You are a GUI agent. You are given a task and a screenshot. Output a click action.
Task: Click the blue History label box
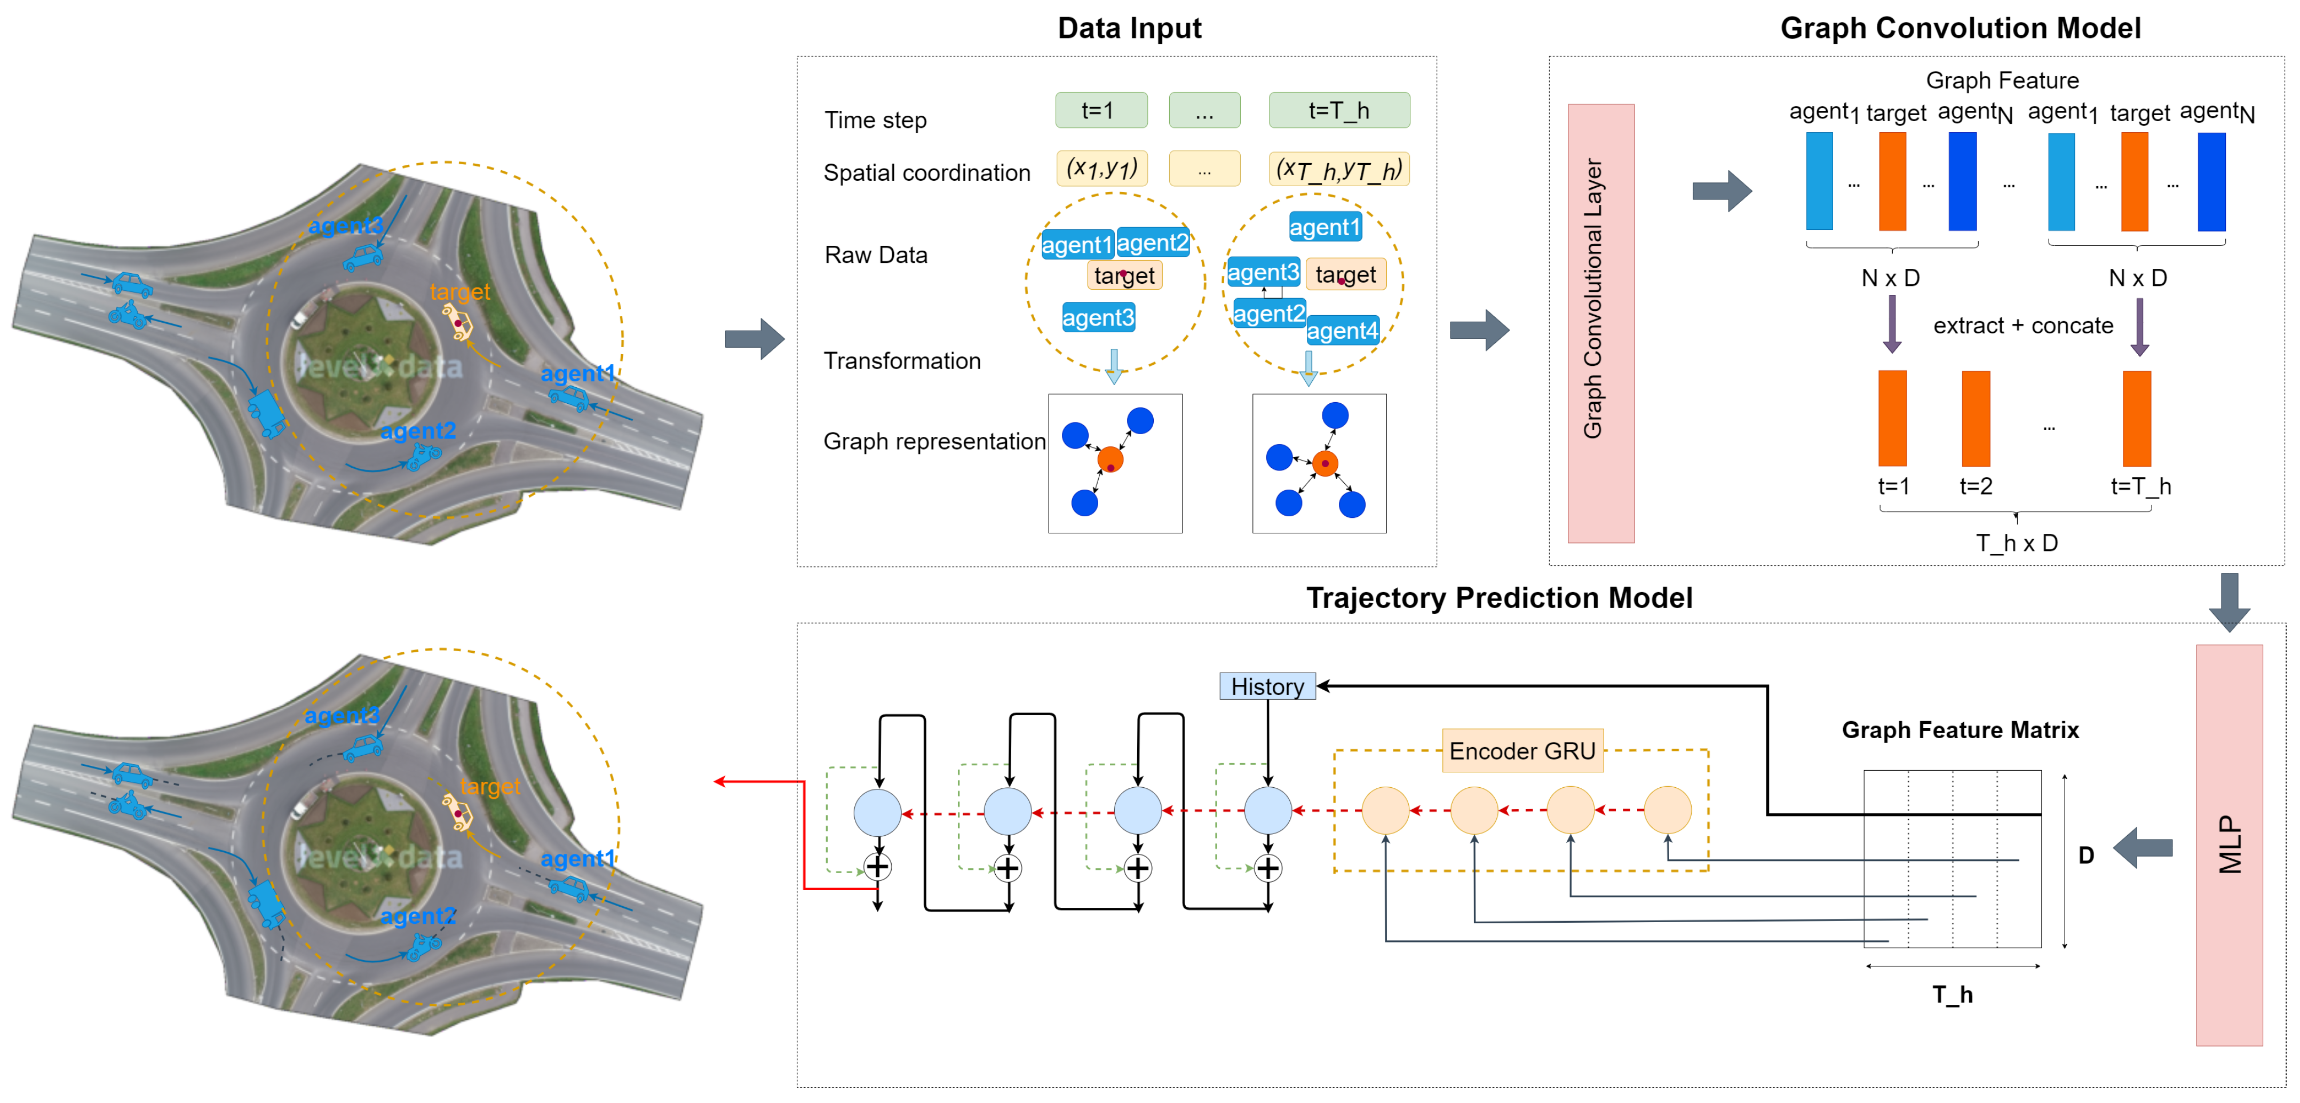(x=1267, y=686)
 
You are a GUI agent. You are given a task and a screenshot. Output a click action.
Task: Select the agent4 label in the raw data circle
(x=1342, y=331)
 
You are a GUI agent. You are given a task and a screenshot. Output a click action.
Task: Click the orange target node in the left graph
(x=1110, y=460)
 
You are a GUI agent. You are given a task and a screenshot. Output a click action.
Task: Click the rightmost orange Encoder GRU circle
(x=1667, y=810)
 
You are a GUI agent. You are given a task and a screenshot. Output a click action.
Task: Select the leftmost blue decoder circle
(x=877, y=812)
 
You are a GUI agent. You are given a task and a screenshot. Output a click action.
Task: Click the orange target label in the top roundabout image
(x=460, y=292)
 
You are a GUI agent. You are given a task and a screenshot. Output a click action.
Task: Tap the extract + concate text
(x=2023, y=326)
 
